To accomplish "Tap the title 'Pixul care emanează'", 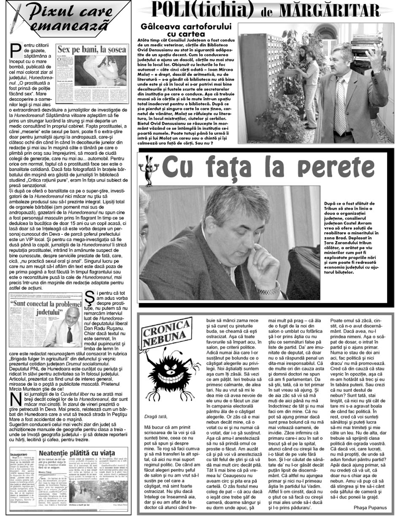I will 63,16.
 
